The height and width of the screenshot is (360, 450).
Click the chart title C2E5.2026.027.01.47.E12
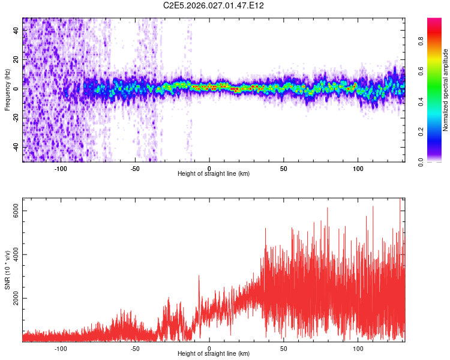pyautogui.click(x=214, y=5)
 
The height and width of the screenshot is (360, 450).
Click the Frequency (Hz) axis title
pyautogui.click(x=7, y=89)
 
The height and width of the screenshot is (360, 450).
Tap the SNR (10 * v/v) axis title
pyautogui.click(x=7, y=270)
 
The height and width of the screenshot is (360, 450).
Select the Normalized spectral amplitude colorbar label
pyautogui.click(x=446, y=90)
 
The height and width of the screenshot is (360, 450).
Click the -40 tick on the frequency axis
pyautogui.click(x=16, y=147)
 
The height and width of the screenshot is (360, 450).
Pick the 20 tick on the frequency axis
pyautogui.click(x=16, y=59)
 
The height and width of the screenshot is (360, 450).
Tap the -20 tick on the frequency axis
pyautogui.click(x=16, y=118)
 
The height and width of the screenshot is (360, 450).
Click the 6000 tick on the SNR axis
pyautogui.click(x=16, y=211)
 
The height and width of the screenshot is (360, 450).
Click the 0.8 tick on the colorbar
pyautogui.click(x=421, y=41)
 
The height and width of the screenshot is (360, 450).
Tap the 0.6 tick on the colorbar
pyautogui.click(x=421, y=71)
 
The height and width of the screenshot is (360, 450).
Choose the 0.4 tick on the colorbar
pyautogui.click(x=421, y=101)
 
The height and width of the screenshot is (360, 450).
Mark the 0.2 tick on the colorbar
pyautogui.click(x=421, y=131)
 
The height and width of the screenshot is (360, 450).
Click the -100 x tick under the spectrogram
pyautogui.click(x=61, y=168)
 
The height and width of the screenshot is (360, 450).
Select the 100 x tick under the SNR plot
pyautogui.click(x=358, y=348)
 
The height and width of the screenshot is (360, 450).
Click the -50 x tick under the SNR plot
pyautogui.click(x=135, y=348)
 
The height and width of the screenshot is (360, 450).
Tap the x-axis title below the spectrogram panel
pyautogui.click(x=214, y=174)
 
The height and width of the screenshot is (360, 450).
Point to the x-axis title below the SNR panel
pyautogui.click(x=214, y=354)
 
